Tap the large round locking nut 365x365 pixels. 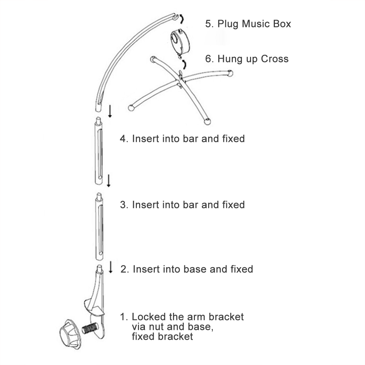click(x=70, y=334)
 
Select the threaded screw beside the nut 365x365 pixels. click(x=90, y=329)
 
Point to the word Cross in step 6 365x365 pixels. click(x=275, y=59)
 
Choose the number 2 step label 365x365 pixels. click(x=124, y=269)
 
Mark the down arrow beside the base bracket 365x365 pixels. click(x=111, y=267)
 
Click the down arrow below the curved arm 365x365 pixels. click(x=110, y=111)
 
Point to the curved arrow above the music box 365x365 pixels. click(x=181, y=19)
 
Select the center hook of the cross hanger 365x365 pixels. click(x=180, y=74)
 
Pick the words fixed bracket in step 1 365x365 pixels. click(x=162, y=337)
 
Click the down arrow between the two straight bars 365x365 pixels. click(x=108, y=181)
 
